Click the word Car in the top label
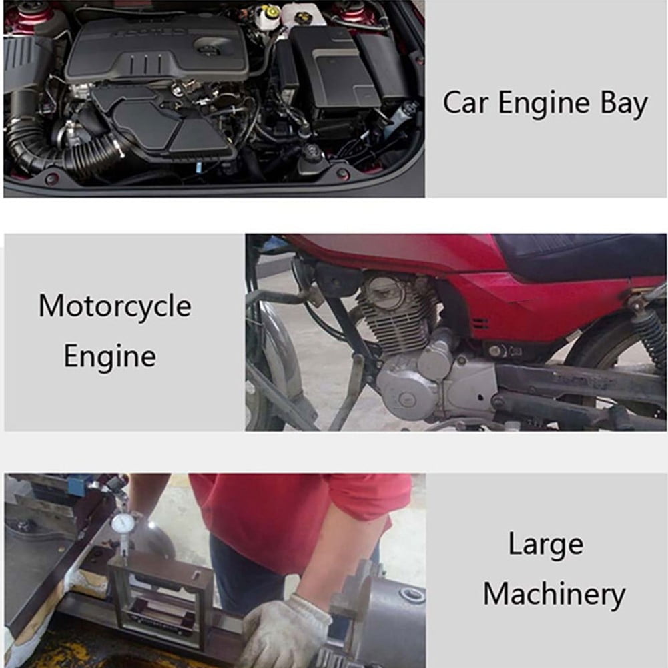[466, 103]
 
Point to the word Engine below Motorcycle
[109, 356]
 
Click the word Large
[545, 545]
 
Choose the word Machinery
[554, 593]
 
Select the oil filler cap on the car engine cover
[208, 47]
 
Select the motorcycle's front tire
[267, 367]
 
